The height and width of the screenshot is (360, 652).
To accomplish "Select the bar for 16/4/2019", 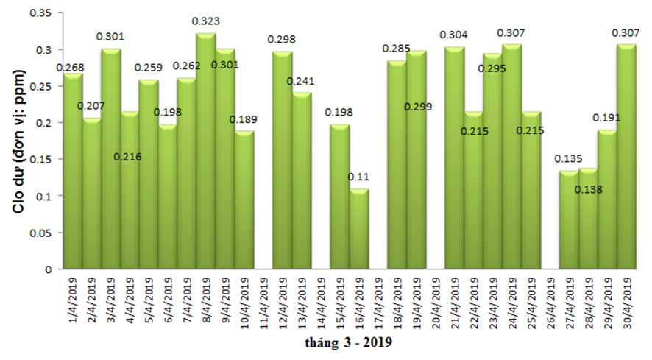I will [x=358, y=229].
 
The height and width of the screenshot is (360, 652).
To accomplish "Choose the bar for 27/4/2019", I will [x=569, y=220].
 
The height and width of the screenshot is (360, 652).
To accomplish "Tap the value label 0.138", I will [x=588, y=189].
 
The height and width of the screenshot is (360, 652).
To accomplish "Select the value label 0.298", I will [x=282, y=38].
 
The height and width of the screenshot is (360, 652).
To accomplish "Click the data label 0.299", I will [x=418, y=107].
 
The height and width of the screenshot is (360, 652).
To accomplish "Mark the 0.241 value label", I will [x=301, y=80].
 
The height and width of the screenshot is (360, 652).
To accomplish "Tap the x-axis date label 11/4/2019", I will [x=263, y=304].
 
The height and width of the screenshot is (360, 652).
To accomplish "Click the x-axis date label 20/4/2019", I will [x=436, y=304].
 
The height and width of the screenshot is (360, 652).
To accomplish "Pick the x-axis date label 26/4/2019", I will [x=550, y=304].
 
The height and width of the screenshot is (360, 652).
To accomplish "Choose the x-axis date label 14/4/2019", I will [x=321, y=304].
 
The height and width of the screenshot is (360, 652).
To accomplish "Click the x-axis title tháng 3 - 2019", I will [x=349, y=343].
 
